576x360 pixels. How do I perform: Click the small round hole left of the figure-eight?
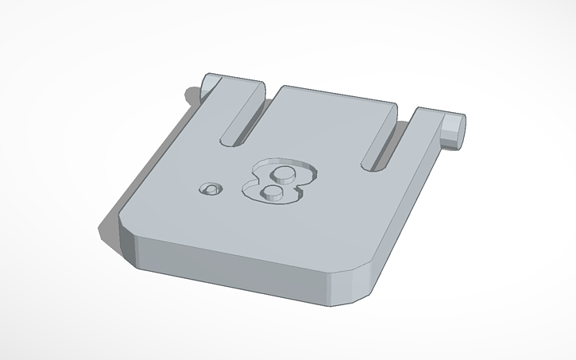click(x=211, y=189)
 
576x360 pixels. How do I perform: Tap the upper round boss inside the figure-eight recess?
click(x=282, y=173)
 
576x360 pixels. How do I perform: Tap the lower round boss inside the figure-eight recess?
click(x=271, y=192)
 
